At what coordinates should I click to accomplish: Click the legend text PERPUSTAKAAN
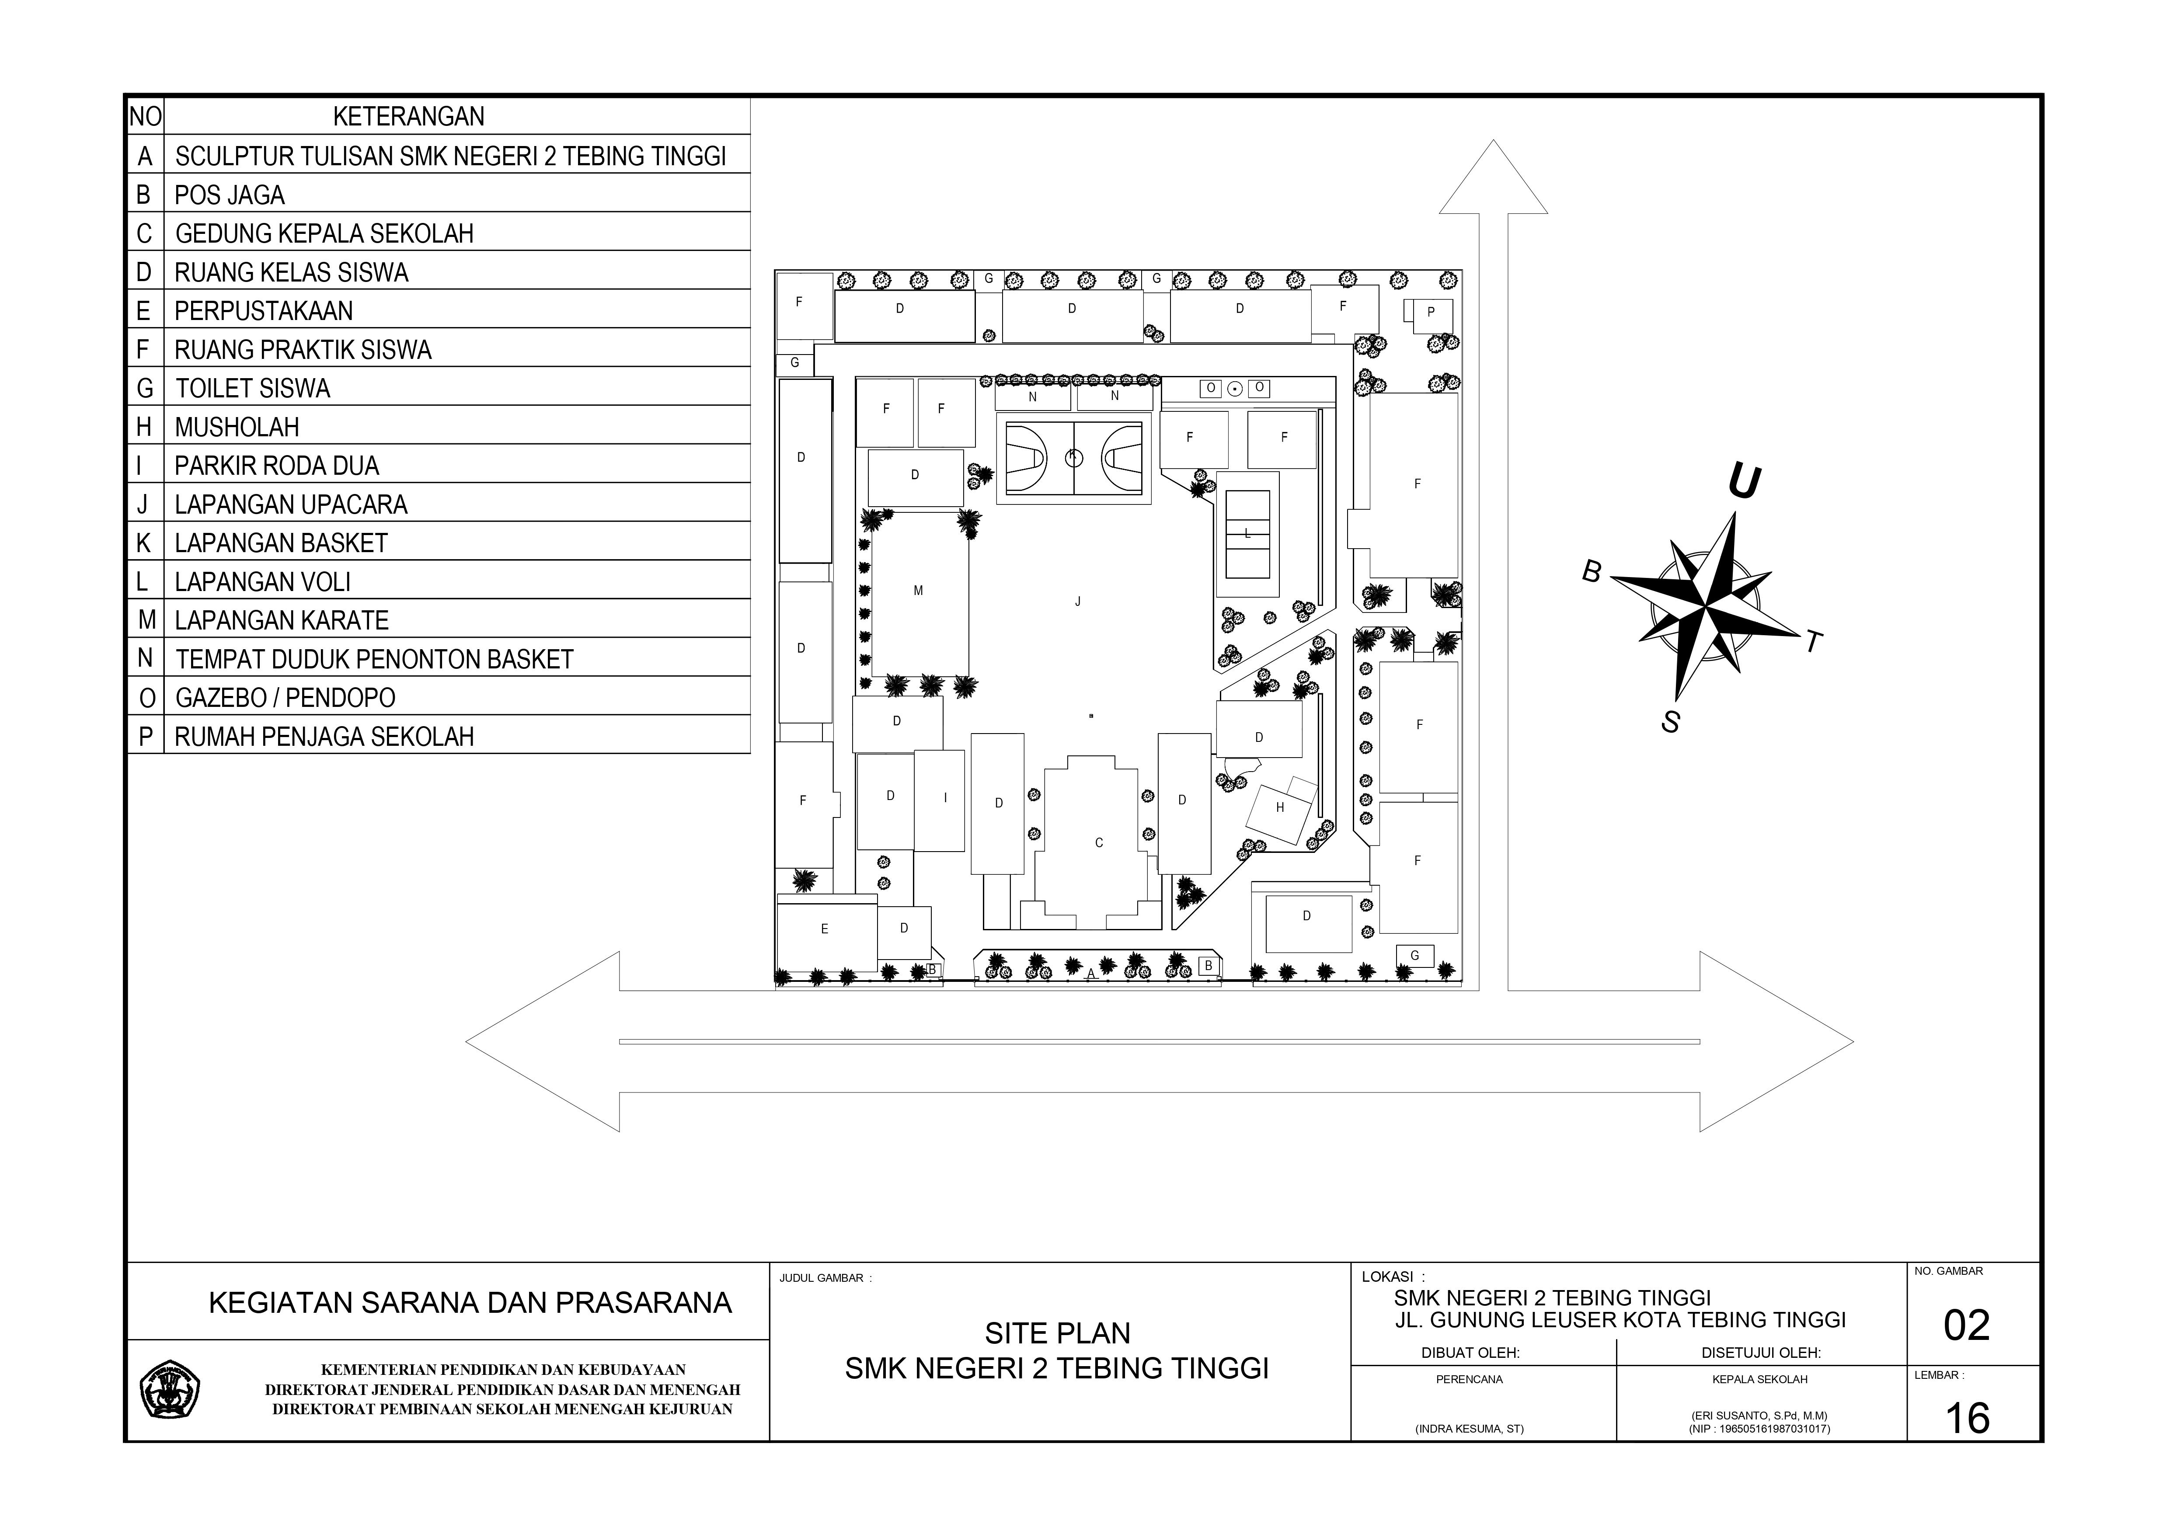coord(264,311)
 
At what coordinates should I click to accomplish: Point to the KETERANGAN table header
coord(408,116)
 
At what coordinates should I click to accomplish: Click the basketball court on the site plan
coord(1074,459)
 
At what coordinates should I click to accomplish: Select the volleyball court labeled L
coord(1247,534)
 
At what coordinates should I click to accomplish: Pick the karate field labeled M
coord(919,591)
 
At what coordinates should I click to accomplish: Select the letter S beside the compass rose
coord(1671,722)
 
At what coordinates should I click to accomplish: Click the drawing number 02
coord(1966,1325)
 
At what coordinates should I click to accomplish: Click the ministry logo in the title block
coord(170,1389)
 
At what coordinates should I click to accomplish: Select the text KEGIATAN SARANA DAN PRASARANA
coord(470,1302)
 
